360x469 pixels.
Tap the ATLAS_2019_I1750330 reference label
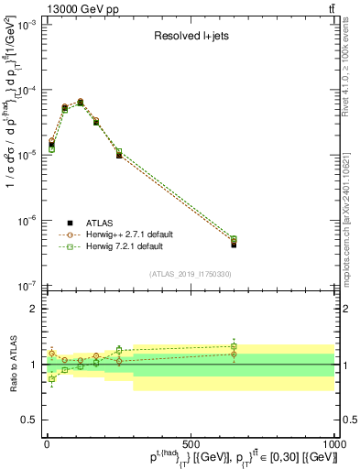190,274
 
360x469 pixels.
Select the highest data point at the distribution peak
81,102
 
